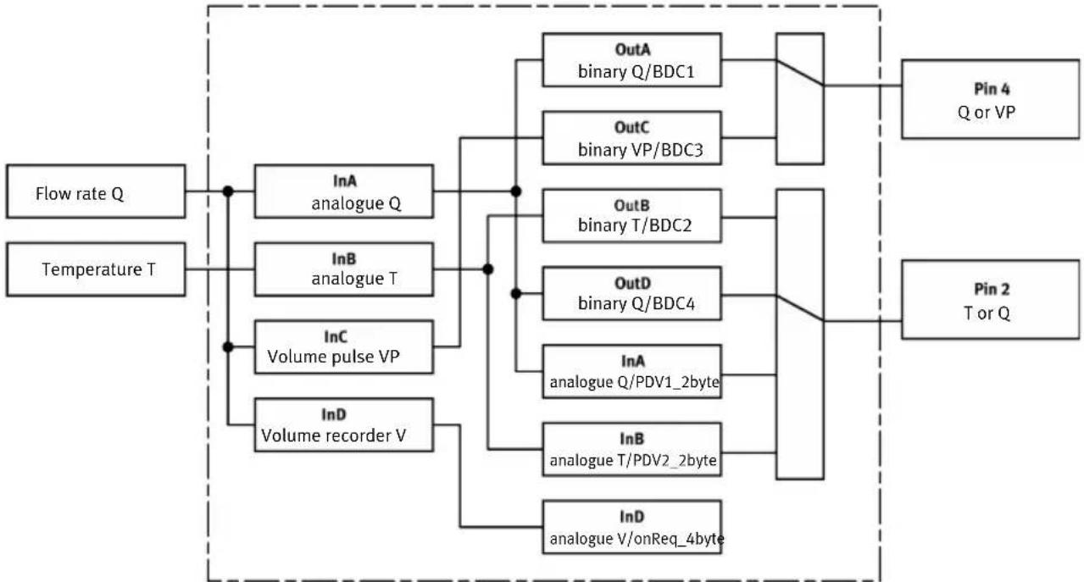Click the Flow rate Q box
pos(96,191)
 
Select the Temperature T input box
pos(96,269)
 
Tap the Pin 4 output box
pos(991,99)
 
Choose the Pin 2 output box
pos(991,299)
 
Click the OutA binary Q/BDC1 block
pos(632,60)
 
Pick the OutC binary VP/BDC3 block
pos(632,138)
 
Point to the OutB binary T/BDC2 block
pos(632,216)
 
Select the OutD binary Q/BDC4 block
pos(632,294)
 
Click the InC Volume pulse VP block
pos(344,346)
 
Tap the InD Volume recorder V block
pos(344,424)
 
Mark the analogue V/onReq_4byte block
pos(632,527)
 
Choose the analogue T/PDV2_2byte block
pos(632,450)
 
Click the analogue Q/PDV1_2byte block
pos(632,372)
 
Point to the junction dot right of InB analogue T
pos(488,269)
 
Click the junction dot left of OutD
pos(516,294)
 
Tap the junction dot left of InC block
pos(228,346)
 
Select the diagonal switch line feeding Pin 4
pos(800,73)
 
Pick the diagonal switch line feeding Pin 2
pos(800,308)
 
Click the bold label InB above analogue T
pos(344,259)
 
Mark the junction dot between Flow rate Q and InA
pos(228,191)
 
